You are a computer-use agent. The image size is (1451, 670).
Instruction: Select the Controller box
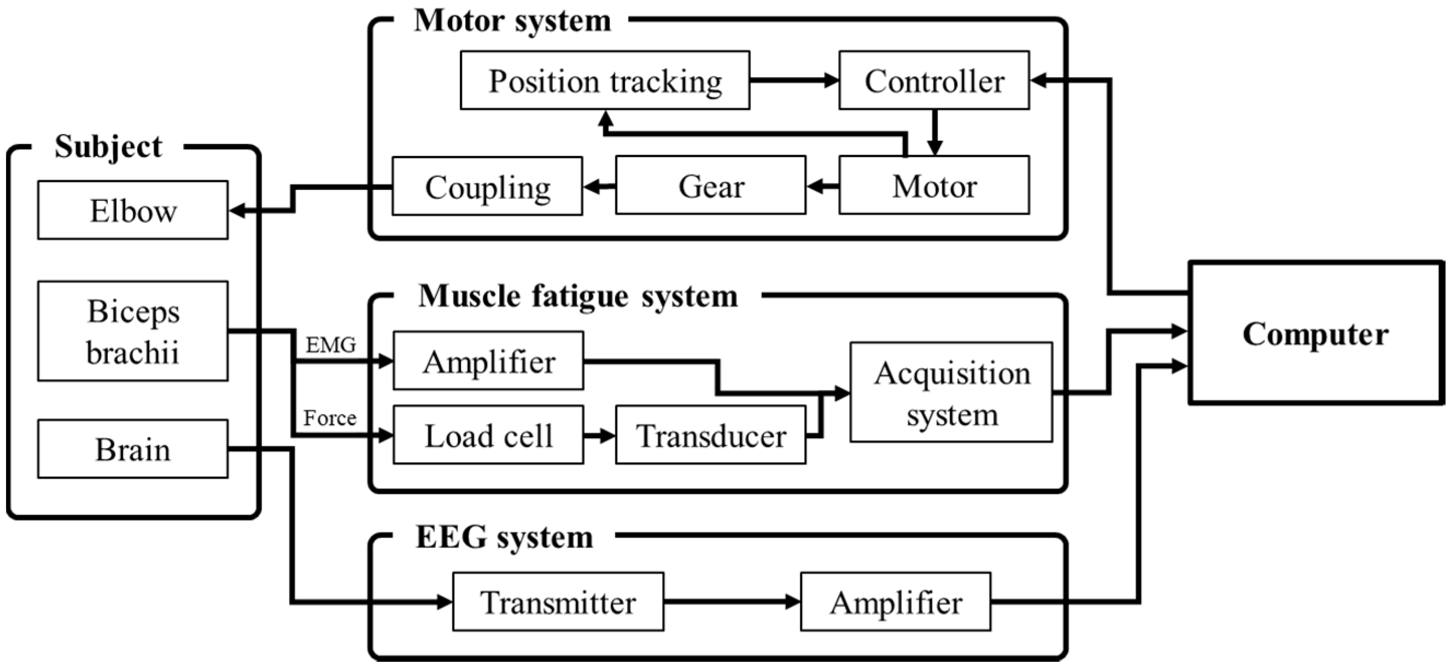[x=933, y=80]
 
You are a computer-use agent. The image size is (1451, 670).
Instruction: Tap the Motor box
[x=933, y=186]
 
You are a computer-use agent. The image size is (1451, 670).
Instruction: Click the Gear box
[x=710, y=186]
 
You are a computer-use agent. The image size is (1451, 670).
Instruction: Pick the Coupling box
[x=487, y=187]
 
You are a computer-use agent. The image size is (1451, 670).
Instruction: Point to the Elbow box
[x=133, y=210]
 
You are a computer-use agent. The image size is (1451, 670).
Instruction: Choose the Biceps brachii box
[x=133, y=331]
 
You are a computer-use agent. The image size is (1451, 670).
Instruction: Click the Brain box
[x=133, y=449]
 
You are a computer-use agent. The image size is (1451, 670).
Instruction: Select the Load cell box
[x=488, y=435]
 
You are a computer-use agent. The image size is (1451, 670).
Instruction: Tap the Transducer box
[x=710, y=435]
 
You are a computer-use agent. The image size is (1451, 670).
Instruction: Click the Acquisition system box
[x=951, y=393]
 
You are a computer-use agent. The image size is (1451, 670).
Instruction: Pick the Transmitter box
[x=558, y=602]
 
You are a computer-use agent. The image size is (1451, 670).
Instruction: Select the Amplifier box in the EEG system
[x=895, y=602]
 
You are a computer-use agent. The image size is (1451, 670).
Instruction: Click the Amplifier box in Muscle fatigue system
[x=488, y=360]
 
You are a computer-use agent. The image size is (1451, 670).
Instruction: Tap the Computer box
[x=1315, y=333]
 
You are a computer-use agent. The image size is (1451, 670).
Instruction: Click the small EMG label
[x=331, y=344]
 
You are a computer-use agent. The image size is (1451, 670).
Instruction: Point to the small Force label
[x=330, y=418]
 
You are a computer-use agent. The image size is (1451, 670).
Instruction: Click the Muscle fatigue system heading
[x=577, y=296]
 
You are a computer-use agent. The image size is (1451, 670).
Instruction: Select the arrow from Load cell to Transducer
[x=599, y=435]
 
